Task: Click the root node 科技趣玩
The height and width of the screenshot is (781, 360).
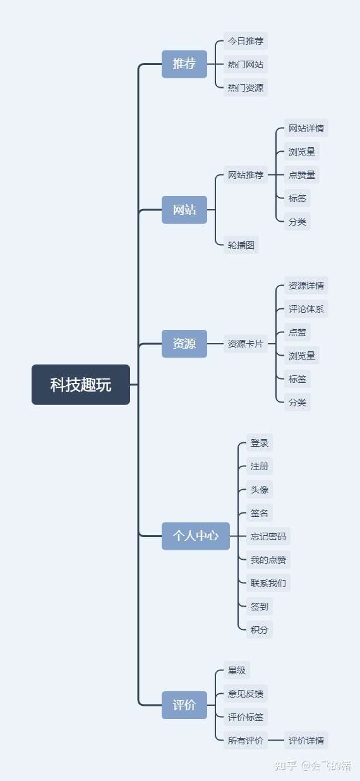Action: (81, 385)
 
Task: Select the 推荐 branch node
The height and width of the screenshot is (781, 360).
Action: (184, 64)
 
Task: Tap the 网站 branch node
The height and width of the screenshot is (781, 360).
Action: (184, 210)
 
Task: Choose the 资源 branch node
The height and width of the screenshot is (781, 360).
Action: (184, 344)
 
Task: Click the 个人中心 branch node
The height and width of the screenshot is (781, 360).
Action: (196, 536)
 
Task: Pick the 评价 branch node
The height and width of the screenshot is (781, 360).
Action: (184, 705)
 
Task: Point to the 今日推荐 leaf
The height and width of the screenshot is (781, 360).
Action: (246, 41)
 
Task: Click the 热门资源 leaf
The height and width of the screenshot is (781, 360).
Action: (246, 87)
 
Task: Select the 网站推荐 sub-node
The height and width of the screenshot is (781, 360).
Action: (246, 175)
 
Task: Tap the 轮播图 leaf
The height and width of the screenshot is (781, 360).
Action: (241, 245)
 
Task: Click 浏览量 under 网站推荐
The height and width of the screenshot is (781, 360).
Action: (302, 152)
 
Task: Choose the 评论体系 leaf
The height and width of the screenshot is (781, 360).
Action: (306, 309)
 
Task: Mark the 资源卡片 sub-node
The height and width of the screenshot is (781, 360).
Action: (246, 344)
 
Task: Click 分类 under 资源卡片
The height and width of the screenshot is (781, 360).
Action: (297, 402)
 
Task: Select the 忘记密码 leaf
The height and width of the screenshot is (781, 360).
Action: (268, 536)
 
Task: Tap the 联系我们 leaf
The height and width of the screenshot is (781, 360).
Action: (268, 583)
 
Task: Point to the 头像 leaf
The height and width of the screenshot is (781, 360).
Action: (260, 490)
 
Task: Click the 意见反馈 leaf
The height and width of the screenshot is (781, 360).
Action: (246, 694)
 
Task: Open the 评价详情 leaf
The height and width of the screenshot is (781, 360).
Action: (306, 741)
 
